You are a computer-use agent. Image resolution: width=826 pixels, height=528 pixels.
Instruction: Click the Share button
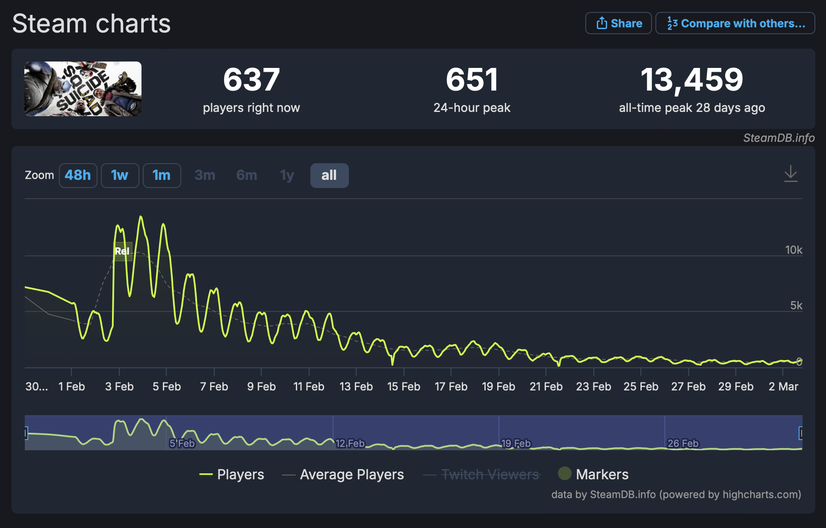point(618,23)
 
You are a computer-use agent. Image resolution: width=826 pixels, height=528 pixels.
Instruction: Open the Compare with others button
point(735,23)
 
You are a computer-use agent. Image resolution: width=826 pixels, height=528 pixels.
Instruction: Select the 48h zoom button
point(78,175)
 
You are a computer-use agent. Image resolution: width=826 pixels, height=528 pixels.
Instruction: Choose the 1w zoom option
point(120,175)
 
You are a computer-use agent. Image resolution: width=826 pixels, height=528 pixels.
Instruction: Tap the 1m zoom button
point(162,175)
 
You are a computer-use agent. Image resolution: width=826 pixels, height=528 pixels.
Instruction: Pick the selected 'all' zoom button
point(329,175)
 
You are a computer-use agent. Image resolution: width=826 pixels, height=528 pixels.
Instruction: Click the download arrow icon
point(791,173)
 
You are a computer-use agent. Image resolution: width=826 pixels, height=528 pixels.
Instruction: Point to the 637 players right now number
point(251,80)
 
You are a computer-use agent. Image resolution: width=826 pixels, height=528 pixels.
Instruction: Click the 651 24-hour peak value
point(472,80)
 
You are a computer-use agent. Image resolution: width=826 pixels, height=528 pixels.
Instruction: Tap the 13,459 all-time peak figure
point(692,80)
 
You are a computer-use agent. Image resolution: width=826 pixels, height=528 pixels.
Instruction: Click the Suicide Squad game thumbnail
point(83,89)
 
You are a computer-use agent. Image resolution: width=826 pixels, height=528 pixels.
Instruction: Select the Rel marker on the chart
point(122,251)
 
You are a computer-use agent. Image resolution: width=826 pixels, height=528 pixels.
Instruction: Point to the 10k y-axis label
point(794,250)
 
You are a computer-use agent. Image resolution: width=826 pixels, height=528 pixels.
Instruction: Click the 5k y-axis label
point(796,305)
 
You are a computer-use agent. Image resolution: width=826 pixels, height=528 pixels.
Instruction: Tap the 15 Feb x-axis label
point(404,387)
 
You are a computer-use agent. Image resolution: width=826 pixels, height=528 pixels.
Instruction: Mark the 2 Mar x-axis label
point(783,387)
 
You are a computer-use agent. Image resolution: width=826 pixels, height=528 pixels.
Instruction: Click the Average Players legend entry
point(351,474)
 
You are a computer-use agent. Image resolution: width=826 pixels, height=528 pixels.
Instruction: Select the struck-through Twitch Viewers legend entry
point(490,474)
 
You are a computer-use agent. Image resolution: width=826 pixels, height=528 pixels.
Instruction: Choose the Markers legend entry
point(602,474)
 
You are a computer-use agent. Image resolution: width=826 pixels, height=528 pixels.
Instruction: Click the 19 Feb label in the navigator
point(516,443)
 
